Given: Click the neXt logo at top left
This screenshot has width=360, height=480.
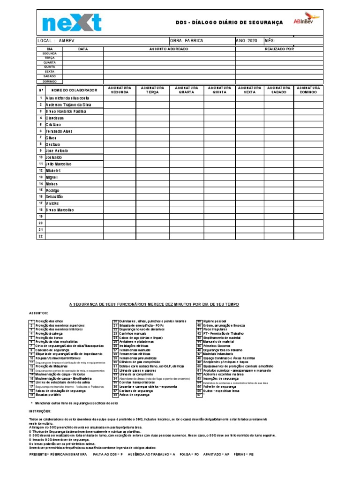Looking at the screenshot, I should [x=72, y=23].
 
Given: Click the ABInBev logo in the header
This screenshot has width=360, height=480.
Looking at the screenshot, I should [x=306, y=21].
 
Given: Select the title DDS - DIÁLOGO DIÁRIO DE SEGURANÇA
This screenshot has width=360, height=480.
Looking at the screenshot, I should [x=229, y=22].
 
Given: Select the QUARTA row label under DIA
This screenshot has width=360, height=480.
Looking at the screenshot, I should [x=50, y=62].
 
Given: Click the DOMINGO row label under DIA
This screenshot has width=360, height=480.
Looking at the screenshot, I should [x=50, y=81].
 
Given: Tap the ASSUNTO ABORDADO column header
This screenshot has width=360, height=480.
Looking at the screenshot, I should [x=169, y=49].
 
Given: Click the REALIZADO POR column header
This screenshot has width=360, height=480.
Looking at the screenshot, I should [x=279, y=49].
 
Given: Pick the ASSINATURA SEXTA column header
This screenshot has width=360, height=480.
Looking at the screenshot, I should [x=249, y=90].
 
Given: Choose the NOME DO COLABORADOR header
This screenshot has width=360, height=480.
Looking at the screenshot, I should [x=74, y=90].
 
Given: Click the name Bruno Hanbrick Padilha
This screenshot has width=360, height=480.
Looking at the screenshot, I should [x=66, y=112].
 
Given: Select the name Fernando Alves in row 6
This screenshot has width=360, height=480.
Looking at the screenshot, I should [x=59, y=131].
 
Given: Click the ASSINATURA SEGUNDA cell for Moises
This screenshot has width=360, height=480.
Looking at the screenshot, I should [x=120, y=184].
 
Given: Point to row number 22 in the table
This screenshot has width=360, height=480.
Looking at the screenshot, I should [x=41, y=236].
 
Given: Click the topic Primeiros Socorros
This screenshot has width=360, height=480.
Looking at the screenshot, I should [x=216, y=346].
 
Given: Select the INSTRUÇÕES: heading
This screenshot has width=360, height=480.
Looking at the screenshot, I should [x=42, y=411].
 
